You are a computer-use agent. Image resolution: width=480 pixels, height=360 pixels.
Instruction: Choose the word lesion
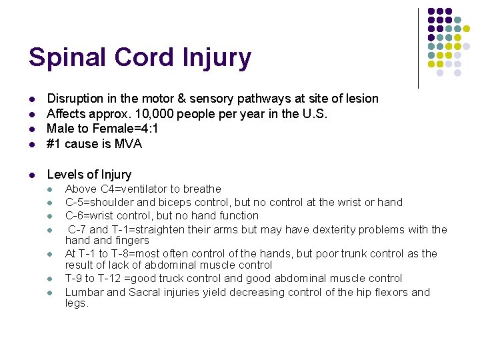359,99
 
